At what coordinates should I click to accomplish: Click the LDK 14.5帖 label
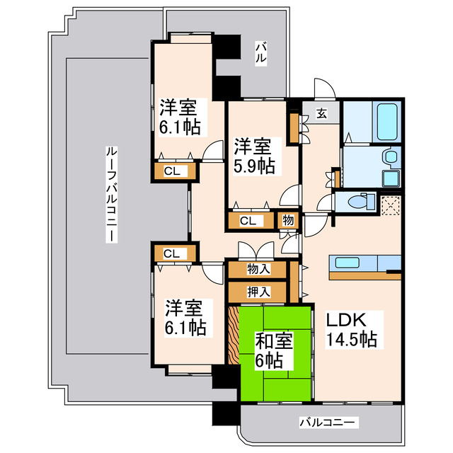[x=351, y=328]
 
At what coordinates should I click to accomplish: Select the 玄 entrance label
[x=321, y=113]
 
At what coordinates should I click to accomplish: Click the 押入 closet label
[x=258, y=291]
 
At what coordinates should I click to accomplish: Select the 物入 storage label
[x=258, y=269]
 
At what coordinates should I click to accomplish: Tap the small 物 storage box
[x=288, y=220]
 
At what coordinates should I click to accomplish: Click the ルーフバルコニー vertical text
[x=111, y=194]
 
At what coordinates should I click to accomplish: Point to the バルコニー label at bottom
[x=328, y=423]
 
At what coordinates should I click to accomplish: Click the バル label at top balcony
[x=260, y=54]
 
